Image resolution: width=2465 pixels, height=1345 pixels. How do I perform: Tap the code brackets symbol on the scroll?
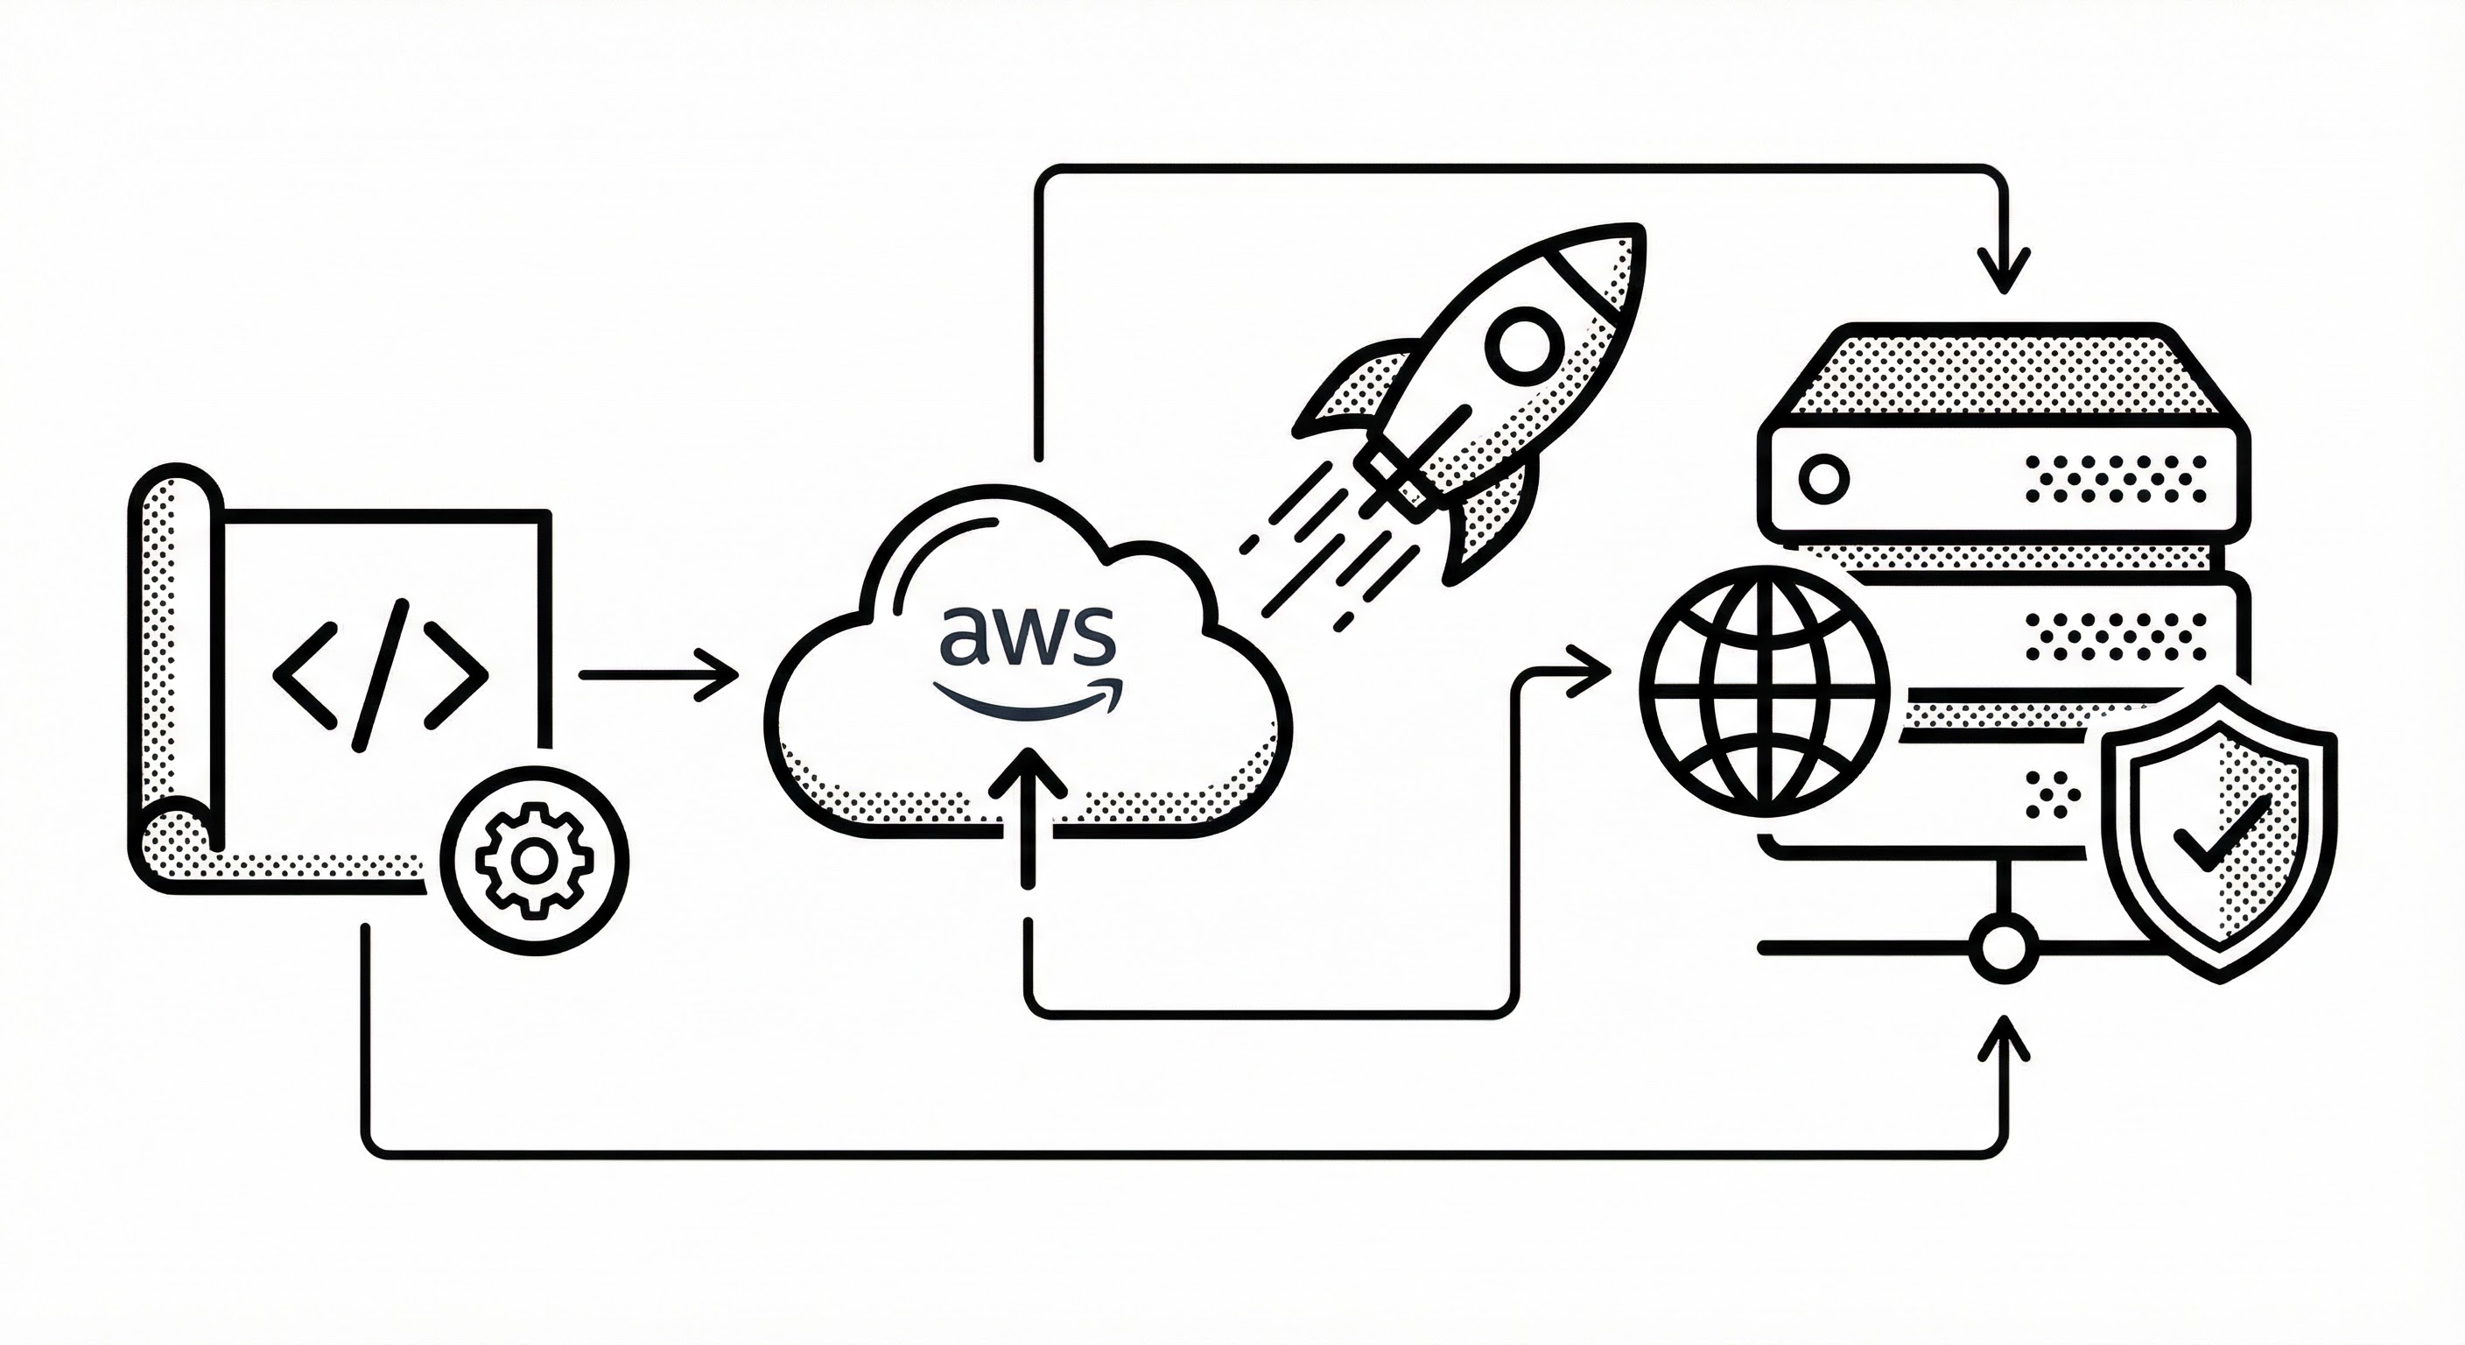pyautogui.click(x=380, y=675)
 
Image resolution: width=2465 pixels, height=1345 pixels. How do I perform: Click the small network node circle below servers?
pyautogui.click(x=2000, y=948)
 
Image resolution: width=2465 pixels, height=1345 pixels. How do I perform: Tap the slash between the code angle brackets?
pyautogui.click(x=382, y=675)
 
